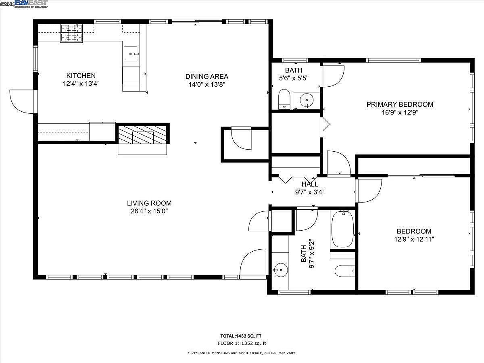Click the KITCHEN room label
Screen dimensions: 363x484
pos(81,75)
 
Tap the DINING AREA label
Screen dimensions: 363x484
pos(207,76)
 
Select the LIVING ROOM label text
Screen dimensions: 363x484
pos(149,203)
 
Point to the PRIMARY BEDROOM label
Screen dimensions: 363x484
pos(400,104)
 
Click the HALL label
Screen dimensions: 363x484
pos(310,184)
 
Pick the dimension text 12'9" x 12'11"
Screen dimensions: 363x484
pos(414,239)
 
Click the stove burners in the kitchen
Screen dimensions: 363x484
pos(71,33)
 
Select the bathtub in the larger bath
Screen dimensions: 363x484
pos(342,229)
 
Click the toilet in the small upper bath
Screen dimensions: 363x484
pos(285,99)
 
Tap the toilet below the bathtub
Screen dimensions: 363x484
pos(344,271)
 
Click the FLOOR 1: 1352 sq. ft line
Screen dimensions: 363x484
pos(242,344)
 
